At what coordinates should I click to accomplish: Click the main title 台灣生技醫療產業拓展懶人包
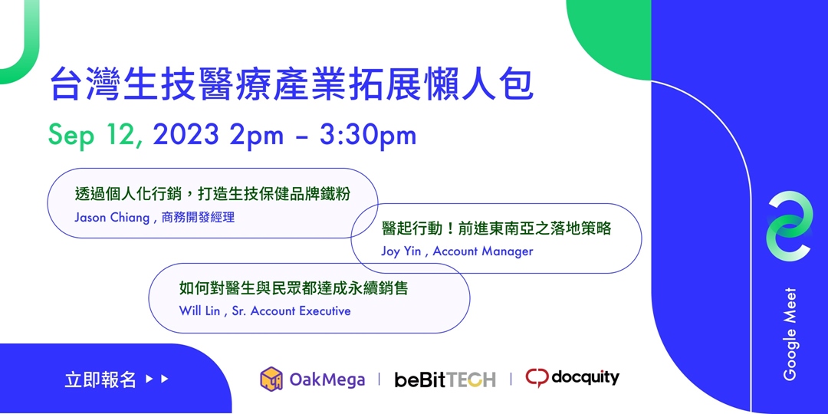click(291, 85)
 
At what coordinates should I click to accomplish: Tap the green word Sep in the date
click(71, 135)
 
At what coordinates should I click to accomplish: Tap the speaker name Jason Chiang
click(112, 217)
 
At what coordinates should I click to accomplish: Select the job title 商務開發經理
click(198, 217)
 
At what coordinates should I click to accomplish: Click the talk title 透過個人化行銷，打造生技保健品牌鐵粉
click(212, 194)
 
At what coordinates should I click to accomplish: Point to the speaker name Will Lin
click(199, 310)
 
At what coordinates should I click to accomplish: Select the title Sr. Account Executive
click(291, 310)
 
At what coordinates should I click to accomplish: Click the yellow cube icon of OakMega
click(271, 378)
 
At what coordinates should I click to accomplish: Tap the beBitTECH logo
click(445, 379)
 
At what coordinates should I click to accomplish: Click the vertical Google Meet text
click(790, 334)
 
